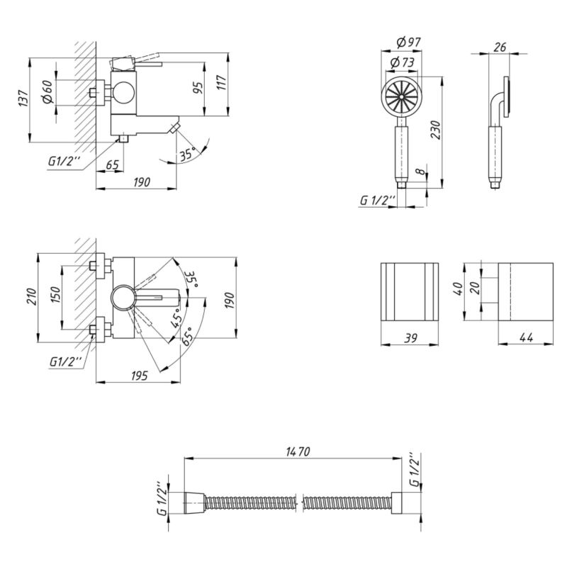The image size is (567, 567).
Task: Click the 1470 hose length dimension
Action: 298,451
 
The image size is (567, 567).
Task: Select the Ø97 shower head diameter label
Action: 409,43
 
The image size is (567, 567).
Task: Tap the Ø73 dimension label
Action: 403,62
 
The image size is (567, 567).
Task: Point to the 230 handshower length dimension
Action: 436,130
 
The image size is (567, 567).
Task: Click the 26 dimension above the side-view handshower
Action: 500,47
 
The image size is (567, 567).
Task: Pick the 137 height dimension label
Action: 23,99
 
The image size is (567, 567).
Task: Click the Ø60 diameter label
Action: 48,92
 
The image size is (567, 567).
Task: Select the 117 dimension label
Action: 221,82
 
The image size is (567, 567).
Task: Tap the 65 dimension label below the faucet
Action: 112,164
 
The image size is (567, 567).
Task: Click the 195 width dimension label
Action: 139,376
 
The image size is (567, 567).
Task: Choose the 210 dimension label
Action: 31,296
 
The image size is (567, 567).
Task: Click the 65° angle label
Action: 187,336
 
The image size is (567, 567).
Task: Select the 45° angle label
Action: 176,318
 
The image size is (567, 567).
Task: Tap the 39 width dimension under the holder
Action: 410,338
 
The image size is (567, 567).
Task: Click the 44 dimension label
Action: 526,337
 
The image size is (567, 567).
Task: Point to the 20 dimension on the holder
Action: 475,288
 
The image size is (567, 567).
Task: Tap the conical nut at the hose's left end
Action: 196,503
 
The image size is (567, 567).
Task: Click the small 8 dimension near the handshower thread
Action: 420,171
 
